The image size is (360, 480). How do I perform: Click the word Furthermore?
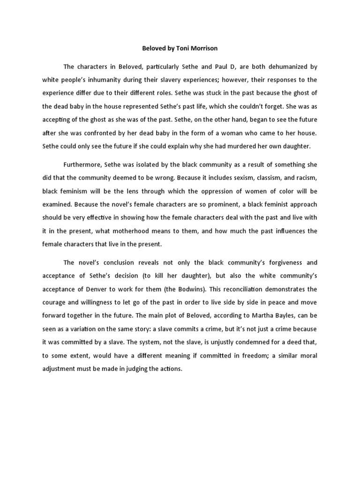pyautogui.click(x=83, y=165)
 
